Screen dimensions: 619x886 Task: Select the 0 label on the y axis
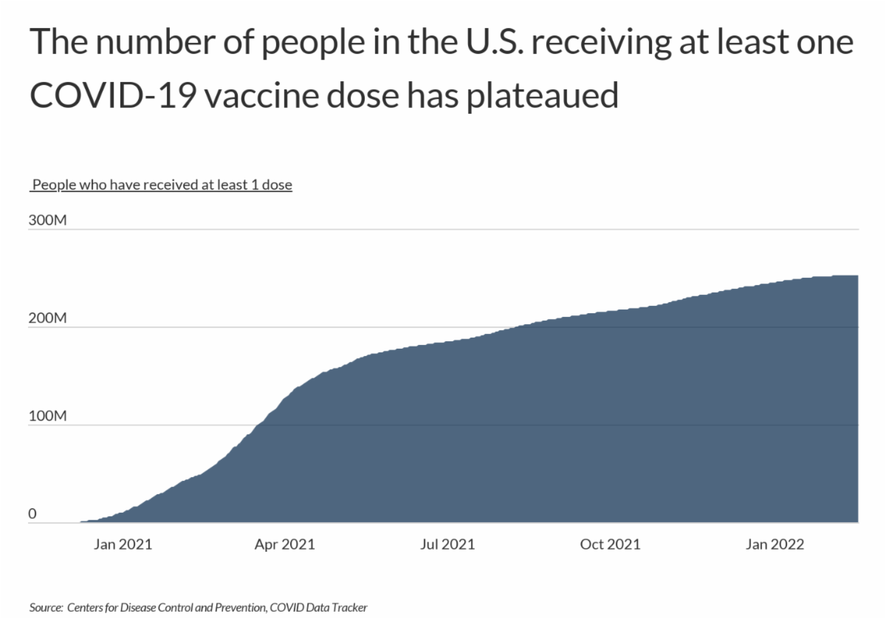pyautogui.click(x=32, y=513)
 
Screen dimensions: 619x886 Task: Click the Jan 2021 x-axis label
pyautogui.click(x=123, y=545)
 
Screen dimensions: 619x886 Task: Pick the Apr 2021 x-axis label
pyautogui.click(x=284, y=545)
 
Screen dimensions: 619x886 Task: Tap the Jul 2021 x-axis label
pyautogui.click(x=447, y=545)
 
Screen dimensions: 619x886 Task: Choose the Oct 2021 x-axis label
pyautogui.click(x=610, y=545)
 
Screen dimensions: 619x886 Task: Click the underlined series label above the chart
pyautogui.click(x=162, y=185)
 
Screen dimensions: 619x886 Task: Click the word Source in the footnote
pyautogui.click(x=45, y=608)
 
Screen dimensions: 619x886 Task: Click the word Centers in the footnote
pyautogui.click(x=85, y=608)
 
